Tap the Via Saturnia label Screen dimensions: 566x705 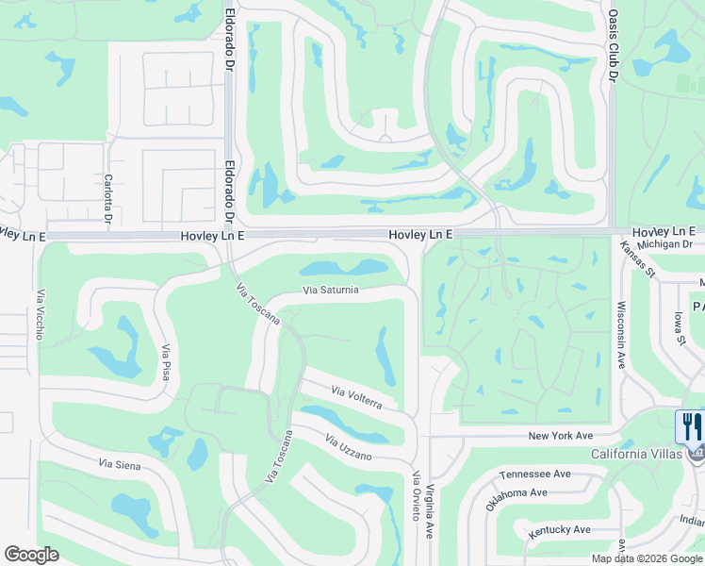(x=330, y=290)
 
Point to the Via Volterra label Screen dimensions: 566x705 (x=356, y=397)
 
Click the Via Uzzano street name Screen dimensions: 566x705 (x=350, y=448)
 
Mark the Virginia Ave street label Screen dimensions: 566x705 (x=429, y=510)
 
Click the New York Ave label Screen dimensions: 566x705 (x=560, y=436)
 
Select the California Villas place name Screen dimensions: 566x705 (x=636, y=454)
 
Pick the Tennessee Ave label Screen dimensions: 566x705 (x=535, y=474)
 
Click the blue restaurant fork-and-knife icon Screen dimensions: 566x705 (x=691, y=426)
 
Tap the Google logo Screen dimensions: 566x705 (x=32, y=555)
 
